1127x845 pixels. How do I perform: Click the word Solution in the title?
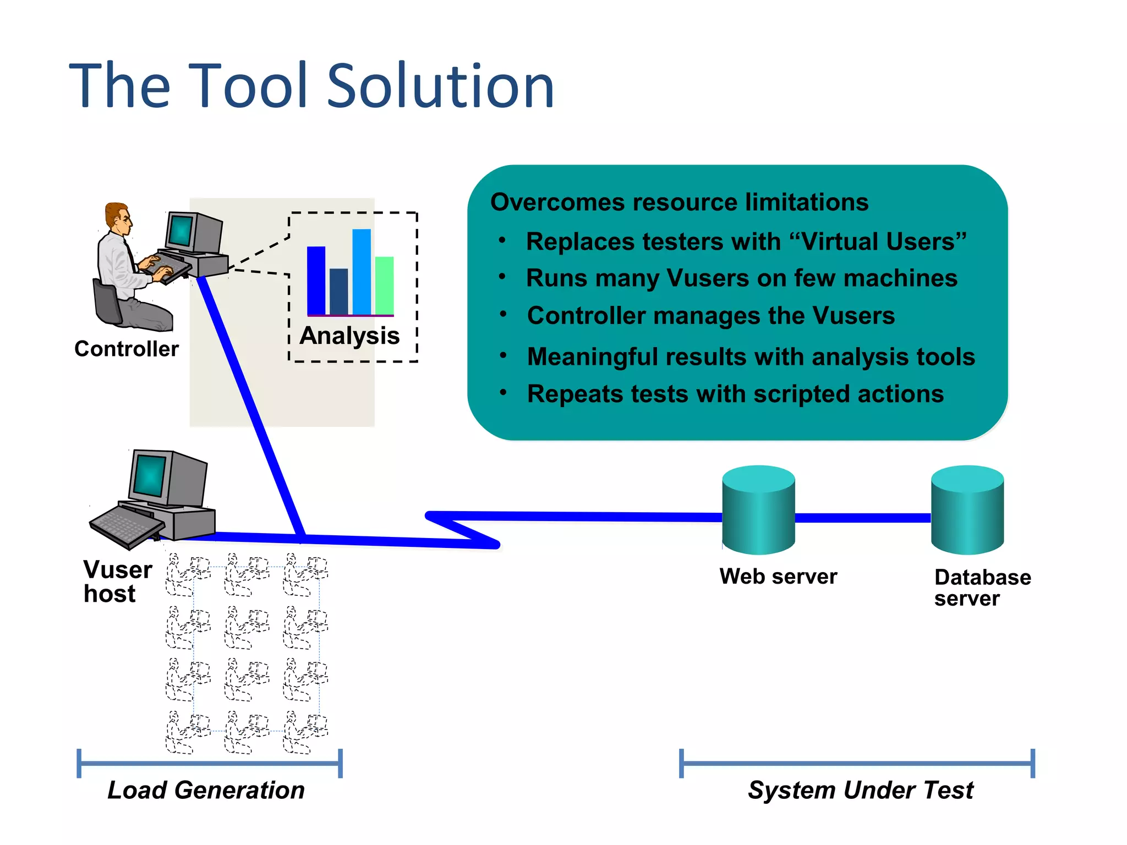tap(440, 86)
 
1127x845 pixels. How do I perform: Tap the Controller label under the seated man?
tap(127, 349)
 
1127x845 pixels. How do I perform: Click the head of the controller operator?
tap(119, 217)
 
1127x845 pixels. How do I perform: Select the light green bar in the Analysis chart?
tap(385, 285)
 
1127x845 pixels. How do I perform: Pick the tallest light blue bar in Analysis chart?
tap(362, 271)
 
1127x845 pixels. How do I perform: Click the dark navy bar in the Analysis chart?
tap(338, 291)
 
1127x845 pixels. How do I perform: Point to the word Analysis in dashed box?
tap(349, 336)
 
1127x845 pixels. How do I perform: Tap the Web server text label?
tap(778, 577)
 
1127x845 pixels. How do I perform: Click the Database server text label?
tap(982, 588)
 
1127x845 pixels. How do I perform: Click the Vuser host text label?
tap(117, 581)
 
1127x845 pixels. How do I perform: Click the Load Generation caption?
tap(206, 790)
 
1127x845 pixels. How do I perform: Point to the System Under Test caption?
tap(861, 790)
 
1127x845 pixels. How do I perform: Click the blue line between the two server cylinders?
tap(863, 518)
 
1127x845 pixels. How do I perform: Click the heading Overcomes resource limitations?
tap(679, 202)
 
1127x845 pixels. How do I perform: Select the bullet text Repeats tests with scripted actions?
tap(735, 394)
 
